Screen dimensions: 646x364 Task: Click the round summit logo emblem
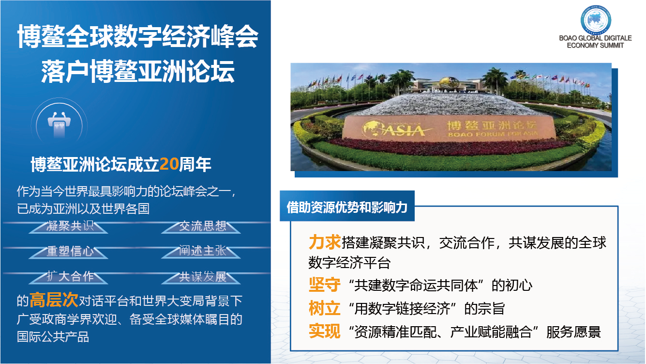click(x=596, y=19)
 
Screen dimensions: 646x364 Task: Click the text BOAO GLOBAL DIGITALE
click(x=595, y=38)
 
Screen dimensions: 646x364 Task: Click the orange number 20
click(x=169, y=164)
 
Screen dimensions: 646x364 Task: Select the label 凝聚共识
click(x=70, y=226)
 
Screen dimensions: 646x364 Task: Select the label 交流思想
click(x=202, y=226)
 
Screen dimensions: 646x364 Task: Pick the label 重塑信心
click(x=70, y=251)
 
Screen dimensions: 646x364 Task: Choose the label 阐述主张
click(x=202, y=251)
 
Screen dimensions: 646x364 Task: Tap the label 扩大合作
click(x=70, y=276)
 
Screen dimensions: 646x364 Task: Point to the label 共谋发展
click(x=202, y=276)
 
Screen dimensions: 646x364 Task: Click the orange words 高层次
click(x=54, y=300)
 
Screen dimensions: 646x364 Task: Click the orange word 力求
click(x=324, y=242)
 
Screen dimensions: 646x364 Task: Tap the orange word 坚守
click(x=324, y=285)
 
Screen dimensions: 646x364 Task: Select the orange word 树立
click(x=324, y=308)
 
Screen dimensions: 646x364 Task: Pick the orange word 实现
click(x=324, y=331)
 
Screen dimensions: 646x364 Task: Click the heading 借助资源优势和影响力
click(x=346, y=207)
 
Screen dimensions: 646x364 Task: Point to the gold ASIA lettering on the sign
click(x=404, y=130)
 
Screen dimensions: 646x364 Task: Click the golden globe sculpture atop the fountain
click(x=449, y=82)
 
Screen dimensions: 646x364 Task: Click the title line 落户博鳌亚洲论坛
click(x=137, y=71)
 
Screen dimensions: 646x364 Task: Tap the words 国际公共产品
click(x=53, y=337)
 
